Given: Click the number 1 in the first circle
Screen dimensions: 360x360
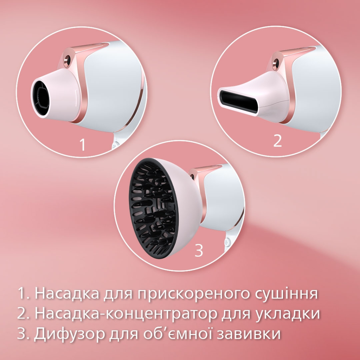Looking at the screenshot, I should point(83,144).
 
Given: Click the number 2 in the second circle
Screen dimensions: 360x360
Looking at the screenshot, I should point(277,141).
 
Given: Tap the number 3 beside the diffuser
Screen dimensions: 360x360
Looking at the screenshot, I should point(199,250).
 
